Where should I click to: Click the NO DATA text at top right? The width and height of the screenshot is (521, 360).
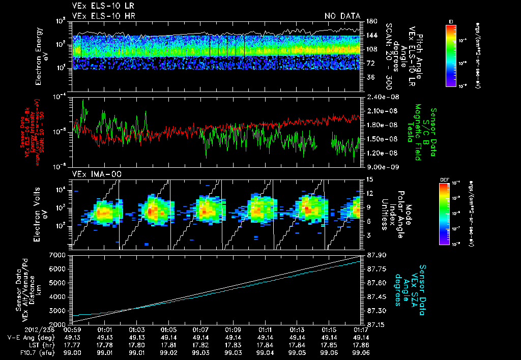click(342, 16)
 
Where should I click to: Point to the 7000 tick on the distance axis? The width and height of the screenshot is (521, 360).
click(60, 254)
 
